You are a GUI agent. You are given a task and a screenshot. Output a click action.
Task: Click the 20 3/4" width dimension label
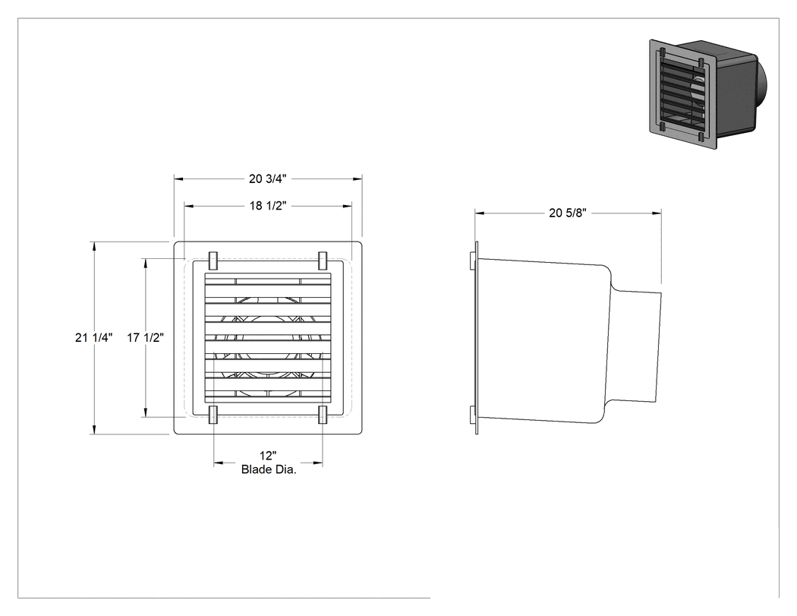tap(267, 179)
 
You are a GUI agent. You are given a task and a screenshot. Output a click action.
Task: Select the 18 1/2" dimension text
tap(268, 206)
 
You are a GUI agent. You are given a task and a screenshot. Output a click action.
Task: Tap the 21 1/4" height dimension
tap(93, 337)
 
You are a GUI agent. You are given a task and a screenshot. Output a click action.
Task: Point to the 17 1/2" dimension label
tap(146, 337)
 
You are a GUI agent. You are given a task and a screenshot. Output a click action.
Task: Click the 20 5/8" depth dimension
tap(568, 213)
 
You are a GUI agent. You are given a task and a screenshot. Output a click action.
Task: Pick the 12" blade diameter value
tap(268, 456)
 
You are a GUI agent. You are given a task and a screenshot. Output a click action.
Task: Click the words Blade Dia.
tap(269, 469)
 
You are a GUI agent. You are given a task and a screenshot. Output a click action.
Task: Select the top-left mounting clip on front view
tap(213, 261)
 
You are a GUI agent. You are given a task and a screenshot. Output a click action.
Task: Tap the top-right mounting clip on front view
tap(323, 261)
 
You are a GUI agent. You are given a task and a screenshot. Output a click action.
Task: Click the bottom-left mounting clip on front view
tap(213, 415)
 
